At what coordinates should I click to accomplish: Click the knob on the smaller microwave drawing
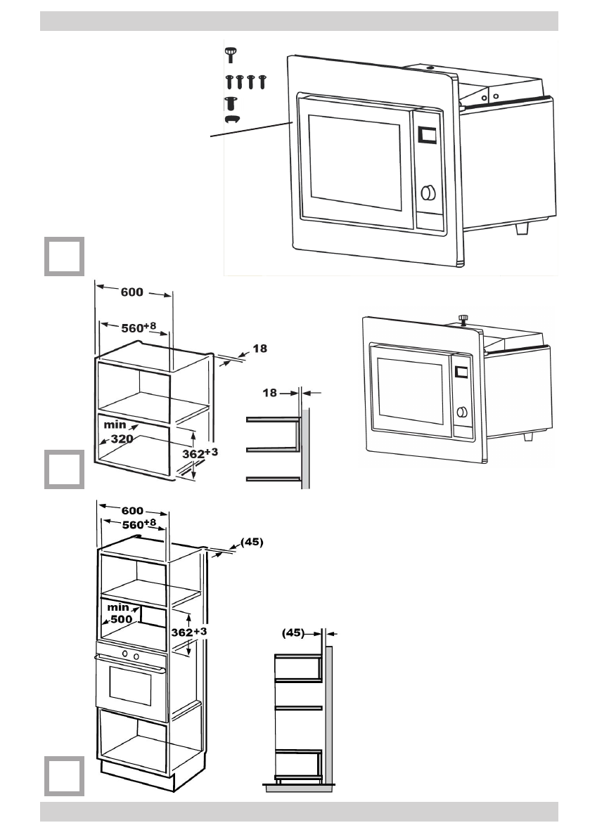[461, 413]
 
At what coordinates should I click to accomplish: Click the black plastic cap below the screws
[232, 119]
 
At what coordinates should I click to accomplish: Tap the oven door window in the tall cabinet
[130, 687]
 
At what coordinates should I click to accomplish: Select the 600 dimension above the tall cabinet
[131, 511]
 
